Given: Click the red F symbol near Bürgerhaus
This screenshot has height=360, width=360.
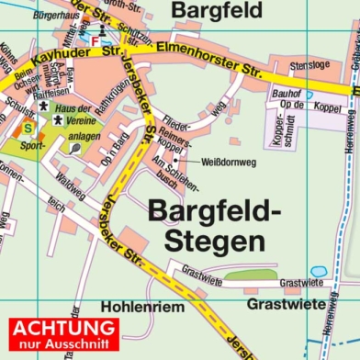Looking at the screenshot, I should point(95,40).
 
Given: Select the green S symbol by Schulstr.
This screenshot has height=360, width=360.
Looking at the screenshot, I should point(28,128).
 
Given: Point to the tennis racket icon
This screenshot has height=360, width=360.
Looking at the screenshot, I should point(74,148).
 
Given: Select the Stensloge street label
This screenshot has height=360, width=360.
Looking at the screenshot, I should point(308,67).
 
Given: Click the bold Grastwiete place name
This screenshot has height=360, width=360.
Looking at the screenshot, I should point(286,303).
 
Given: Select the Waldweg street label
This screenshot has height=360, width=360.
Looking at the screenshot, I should point(71,185).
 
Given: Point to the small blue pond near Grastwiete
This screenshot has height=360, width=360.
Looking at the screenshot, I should point(319,272).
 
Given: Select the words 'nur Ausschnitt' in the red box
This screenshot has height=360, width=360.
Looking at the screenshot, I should point(62,345).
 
